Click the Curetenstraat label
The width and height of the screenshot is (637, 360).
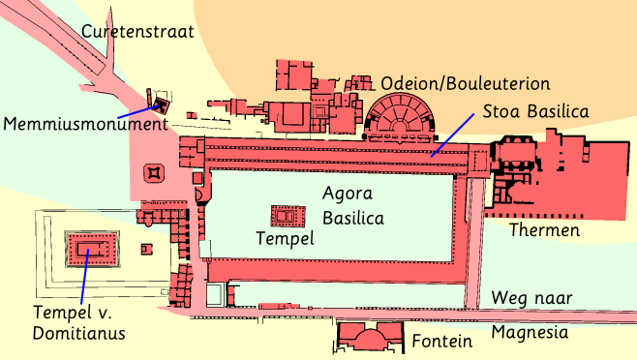[137, 32]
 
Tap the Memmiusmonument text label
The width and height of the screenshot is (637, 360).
[86, 124]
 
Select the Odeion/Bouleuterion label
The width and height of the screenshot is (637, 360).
[466, 84]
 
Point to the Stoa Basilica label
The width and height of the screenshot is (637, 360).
[536, 111]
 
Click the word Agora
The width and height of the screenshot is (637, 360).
[348, 194]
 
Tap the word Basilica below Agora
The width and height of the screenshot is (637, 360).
[353, 218]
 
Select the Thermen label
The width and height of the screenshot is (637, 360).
[545, 230]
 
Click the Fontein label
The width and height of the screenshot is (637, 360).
[442, 341]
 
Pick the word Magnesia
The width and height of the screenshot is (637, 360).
[530, 333]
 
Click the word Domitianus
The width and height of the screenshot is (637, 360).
[78, 334]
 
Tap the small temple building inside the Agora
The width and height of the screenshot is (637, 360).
[288, 216]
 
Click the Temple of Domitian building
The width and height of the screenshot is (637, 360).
[92, 249]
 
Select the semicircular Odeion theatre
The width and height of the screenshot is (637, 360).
[401, 117]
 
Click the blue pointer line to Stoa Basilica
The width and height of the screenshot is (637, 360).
[452, 135]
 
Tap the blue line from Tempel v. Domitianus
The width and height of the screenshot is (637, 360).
[84, 277]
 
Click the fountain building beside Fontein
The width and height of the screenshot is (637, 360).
[370, 337]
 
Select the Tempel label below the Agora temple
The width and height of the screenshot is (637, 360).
[286, 239]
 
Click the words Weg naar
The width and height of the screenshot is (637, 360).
[531, 298]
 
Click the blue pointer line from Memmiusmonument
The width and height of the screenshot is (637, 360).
[138, 111]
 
